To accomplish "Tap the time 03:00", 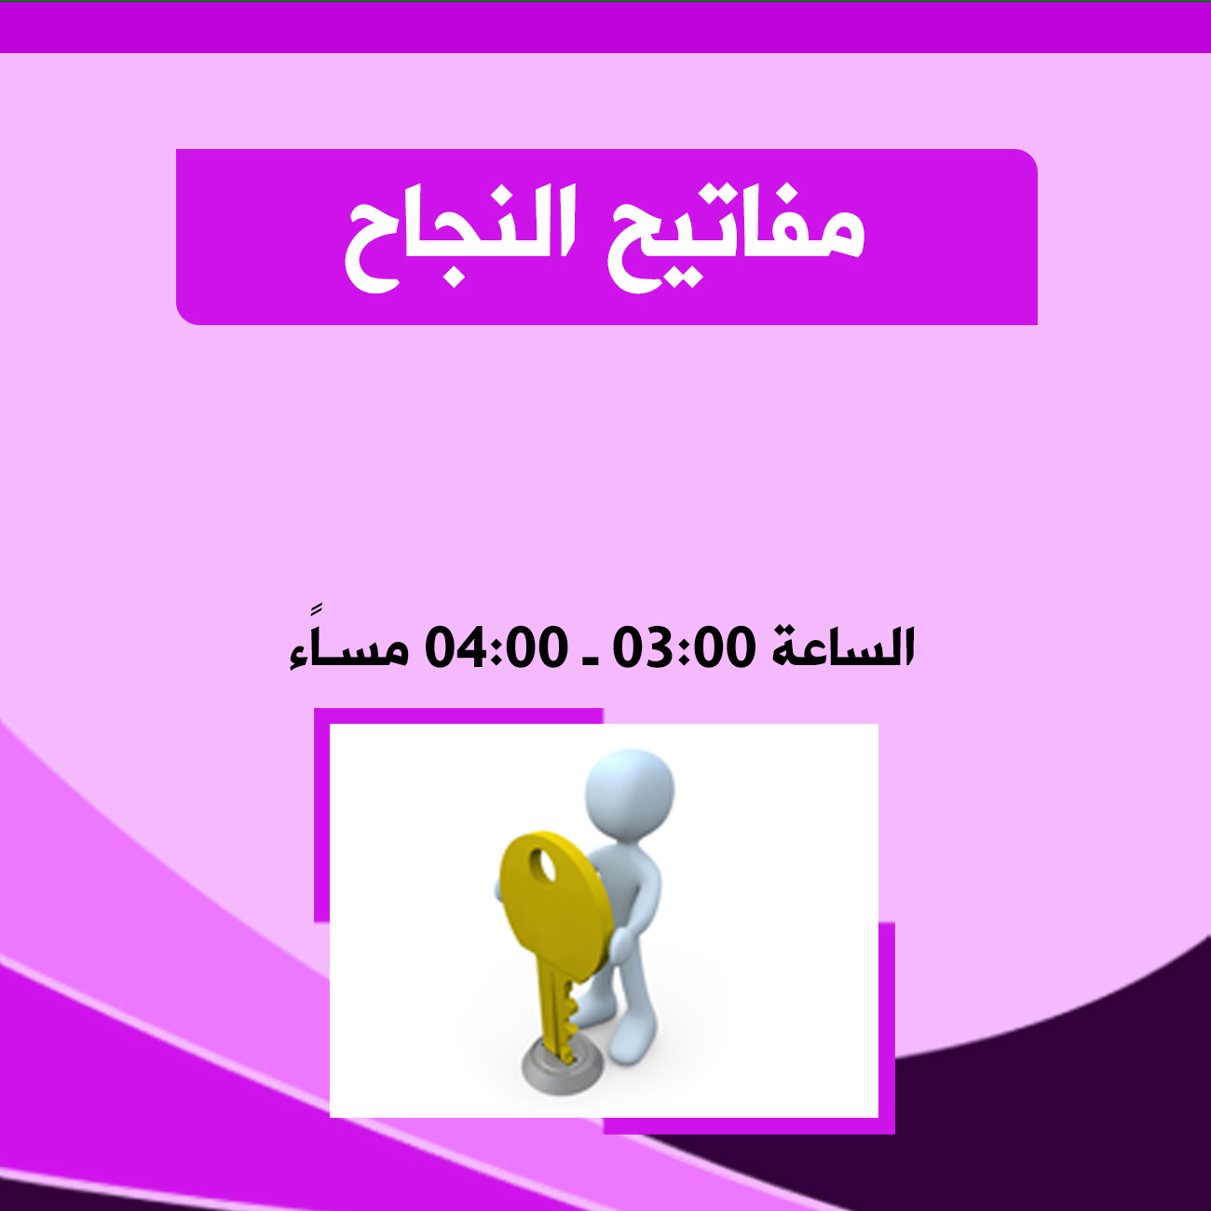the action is click(x=685, y=648).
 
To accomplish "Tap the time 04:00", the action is click(x=497, y=648).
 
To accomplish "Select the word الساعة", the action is click(x=843, y=646).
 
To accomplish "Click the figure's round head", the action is click(x=629, y=793).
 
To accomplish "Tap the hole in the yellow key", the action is click(x=544, y=864).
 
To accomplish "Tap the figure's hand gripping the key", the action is click(x=621, y=943).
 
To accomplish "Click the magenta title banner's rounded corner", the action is click(x=1026, y=161).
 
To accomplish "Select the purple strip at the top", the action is click(x=605, y=27).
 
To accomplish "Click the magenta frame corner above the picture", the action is click(x=321, y=716).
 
